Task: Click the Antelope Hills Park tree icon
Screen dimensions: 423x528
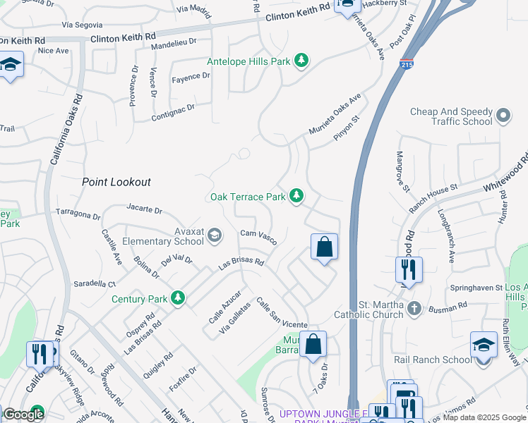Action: (302, 61)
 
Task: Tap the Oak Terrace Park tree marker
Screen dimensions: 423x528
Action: (297, 197)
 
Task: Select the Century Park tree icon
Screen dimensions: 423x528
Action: (178, 299)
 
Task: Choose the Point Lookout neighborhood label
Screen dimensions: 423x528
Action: (116, 182)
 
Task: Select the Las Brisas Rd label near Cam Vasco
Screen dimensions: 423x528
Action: (241, 264)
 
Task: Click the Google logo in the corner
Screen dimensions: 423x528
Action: (23, 415)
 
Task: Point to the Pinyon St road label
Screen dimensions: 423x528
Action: (347, 129)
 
